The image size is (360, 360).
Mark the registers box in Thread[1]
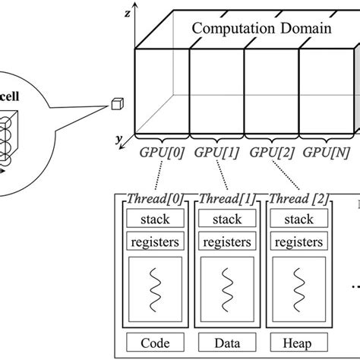pyautogui.click(x=224, y=244)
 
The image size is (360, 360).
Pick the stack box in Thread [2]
pyautogui.click(x=294, y=220)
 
